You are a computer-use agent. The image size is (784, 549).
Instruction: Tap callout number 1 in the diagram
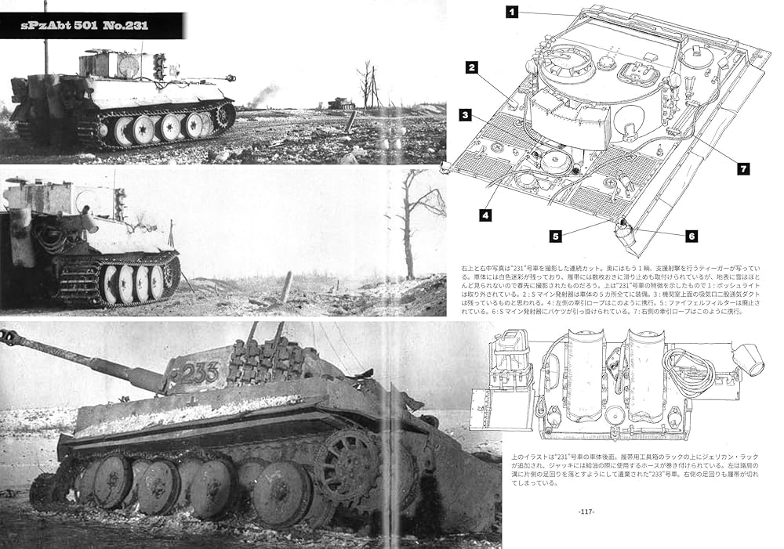[x=510, y=12]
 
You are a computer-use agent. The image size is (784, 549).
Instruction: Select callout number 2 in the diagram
[x=471, y=67]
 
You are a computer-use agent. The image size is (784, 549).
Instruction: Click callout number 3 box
[x=465, y=115]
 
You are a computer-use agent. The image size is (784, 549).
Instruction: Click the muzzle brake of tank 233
[x=9, y=338]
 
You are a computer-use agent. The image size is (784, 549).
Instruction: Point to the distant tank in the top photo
[x=341, y=103]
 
